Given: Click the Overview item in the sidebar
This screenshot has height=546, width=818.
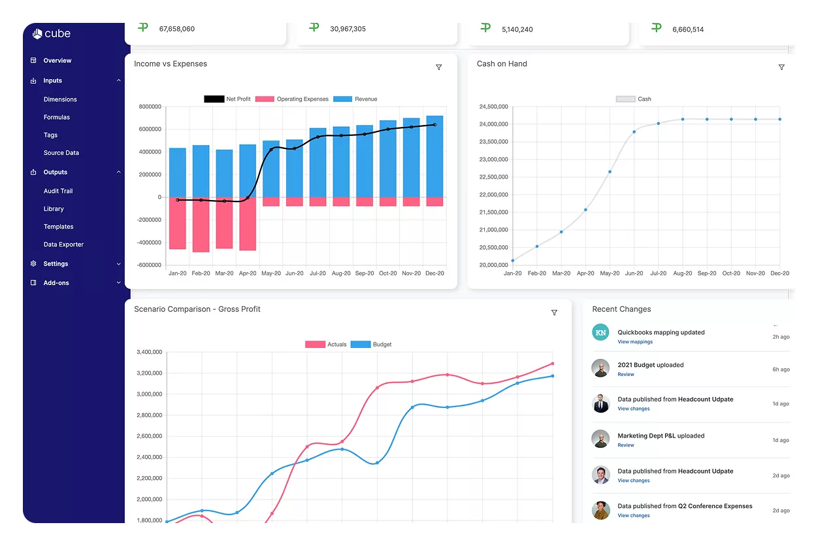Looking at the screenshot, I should pos(57,61).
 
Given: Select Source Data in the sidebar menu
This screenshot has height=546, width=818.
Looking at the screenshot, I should pos(61,153).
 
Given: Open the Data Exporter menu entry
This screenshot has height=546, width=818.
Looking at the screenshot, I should pos(63,245).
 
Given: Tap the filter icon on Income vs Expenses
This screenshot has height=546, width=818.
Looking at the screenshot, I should pos(438,67).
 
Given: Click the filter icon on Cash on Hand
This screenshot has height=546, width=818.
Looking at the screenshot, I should pos(781,67).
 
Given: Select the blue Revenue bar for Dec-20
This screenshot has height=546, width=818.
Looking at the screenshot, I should pos(434,157).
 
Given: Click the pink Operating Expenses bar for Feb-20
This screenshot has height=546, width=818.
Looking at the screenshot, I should pos(201,224).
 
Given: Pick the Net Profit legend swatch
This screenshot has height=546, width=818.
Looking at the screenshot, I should pos(214,99).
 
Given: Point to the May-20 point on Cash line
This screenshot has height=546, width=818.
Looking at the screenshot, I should pos(610,172).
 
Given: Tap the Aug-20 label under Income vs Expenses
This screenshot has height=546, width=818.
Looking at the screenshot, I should pos(341,273).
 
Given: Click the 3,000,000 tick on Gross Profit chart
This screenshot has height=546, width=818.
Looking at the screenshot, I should pos(148,394).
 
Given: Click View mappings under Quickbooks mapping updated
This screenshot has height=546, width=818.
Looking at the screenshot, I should pos(634,342).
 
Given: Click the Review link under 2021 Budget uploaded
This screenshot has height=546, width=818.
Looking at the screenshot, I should pos(625,375).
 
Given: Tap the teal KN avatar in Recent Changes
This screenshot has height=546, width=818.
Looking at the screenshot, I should pos(600,332).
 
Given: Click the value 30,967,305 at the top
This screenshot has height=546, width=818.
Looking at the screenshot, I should pos(348,29).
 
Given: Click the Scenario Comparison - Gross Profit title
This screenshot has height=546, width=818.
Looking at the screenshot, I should pos(197,309).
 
